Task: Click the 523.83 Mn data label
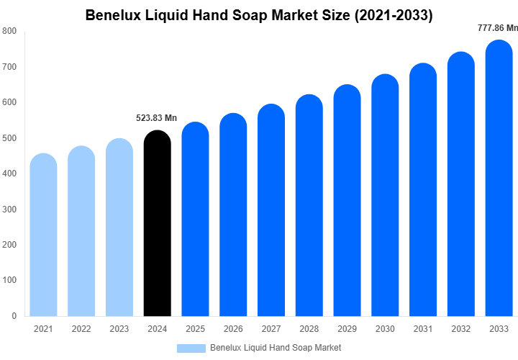coord(156,118)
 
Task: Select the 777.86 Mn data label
coord(497,28)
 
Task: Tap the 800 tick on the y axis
coord(9,31)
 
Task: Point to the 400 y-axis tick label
coord(9,174)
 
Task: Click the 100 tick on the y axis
coord(9,280)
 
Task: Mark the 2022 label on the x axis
coord(81,329)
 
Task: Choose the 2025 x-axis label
coord(195,329)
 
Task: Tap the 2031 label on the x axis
coord(423,329)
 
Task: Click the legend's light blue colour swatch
coord(191,348)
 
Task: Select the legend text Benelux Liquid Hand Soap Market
coord(276,348)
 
